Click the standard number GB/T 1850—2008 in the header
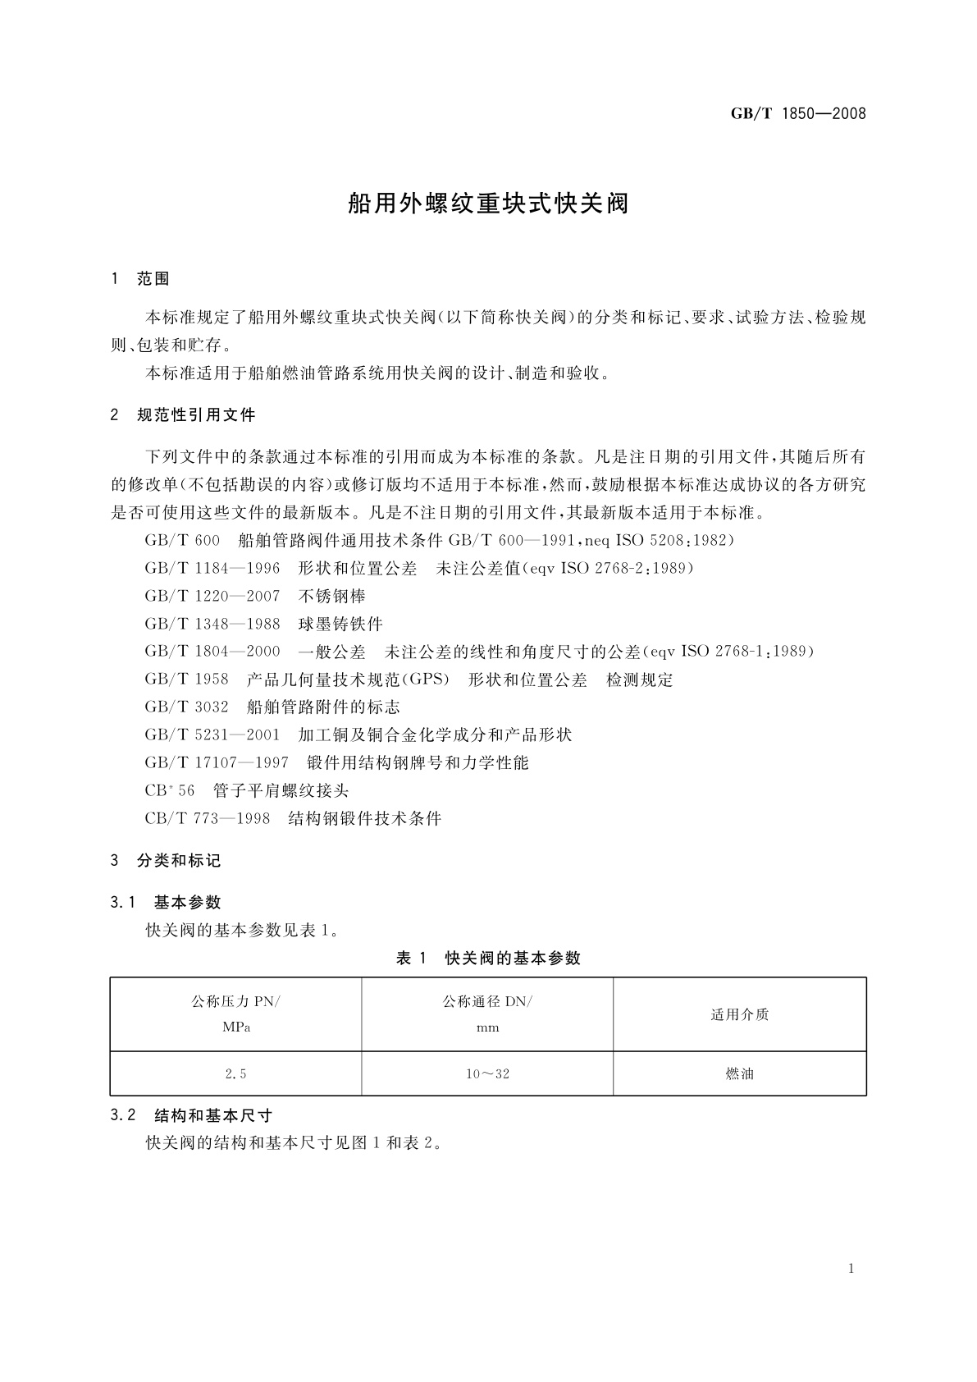tap(797, 114)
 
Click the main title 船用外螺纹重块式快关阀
tap(488, 204)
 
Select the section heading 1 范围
tap(140, 279)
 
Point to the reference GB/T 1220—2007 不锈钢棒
tap(255, 596)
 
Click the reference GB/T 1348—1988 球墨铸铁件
tap(263, 624)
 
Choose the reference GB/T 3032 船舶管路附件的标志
tap(272, 707)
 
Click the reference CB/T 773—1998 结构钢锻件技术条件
tap(293, 818)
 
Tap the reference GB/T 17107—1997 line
tap(336, 762)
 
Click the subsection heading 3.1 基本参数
tap(166, 902)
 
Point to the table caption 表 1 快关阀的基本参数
tap(488, 958)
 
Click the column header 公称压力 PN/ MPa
tap(236, 1014)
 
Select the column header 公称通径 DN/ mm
tap(487, 1014)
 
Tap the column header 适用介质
tap(739, 1015)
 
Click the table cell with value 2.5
tap(236, 1073)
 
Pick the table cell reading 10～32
tap(487, 1073)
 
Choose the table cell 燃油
tap(739, 1073)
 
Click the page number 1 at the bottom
tap(851, 1269)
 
